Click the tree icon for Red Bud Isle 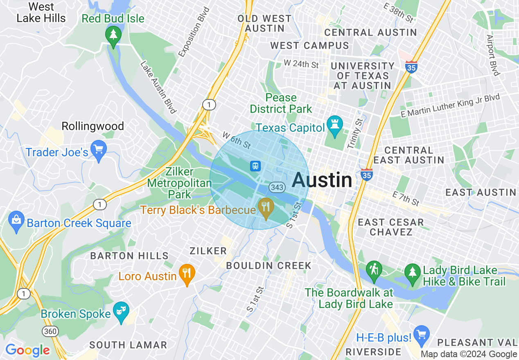(x=113, y=35)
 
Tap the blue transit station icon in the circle (x=255, y=166)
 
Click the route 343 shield (x=277, y=187)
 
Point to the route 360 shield (x=49, y=331)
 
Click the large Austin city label (x=322, y=180)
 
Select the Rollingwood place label (x=93, y=126)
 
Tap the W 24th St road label (x=301, y=64)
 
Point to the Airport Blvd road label (x=493, y=55)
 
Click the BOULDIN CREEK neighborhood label (x=269, y=265)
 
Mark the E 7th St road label (x=406, y=198)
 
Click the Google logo (x=27, y=350)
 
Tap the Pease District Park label (x=281, y=103)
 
